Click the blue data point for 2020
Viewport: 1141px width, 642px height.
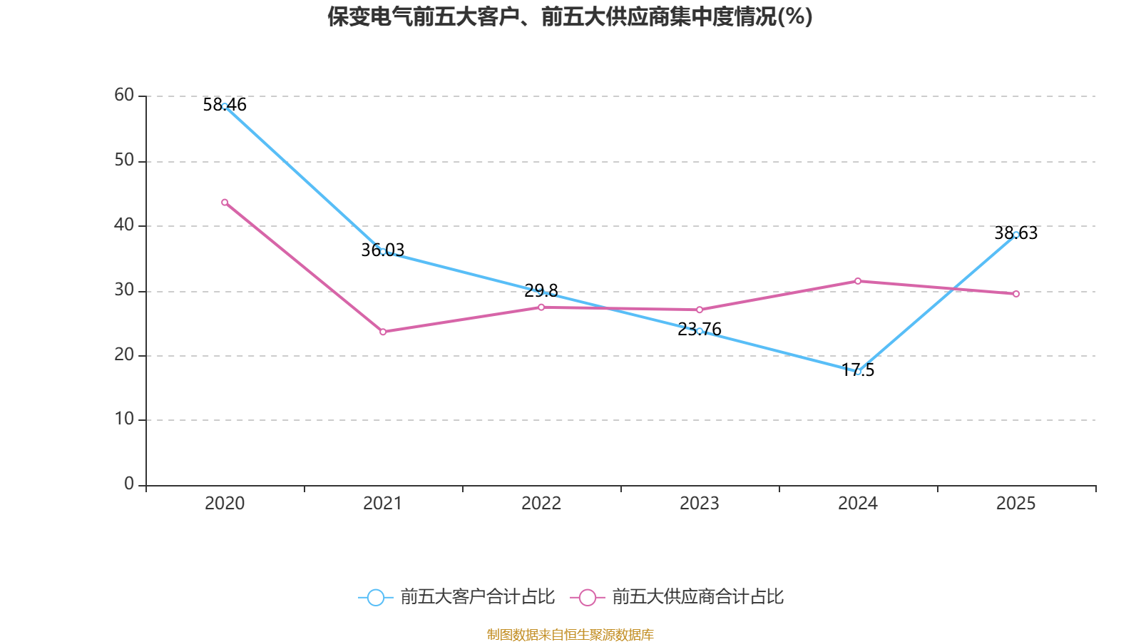pos(225,106)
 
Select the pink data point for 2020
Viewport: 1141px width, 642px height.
pos(225,203)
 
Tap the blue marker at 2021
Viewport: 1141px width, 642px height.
pos(383,251)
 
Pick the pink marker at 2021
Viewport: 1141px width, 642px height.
pos(383,332)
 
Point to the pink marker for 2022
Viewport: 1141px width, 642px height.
pos(541,307)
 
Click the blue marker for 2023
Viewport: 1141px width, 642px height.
pos(700,331)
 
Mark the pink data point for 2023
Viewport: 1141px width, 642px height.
pos(700,310)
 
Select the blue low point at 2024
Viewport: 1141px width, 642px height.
pos(858,372)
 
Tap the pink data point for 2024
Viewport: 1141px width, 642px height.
pos(858,281)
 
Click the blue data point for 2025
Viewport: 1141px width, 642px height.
pos(1016,235)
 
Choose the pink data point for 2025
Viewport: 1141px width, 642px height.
pos(1016,294)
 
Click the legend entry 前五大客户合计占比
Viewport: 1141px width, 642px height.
pos(456,597)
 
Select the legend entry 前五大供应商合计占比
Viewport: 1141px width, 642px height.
pos(677,597)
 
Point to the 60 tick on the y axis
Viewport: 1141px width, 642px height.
pos(124,95)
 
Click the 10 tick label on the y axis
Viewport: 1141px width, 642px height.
pos(124,419)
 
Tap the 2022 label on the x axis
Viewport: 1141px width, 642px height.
pos(541,504)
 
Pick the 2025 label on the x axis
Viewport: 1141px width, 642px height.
pos(1016,504)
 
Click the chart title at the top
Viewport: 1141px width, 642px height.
pos(570,16)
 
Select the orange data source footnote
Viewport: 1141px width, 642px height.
pos(570,634)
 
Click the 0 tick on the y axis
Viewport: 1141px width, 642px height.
pos(129,484)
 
